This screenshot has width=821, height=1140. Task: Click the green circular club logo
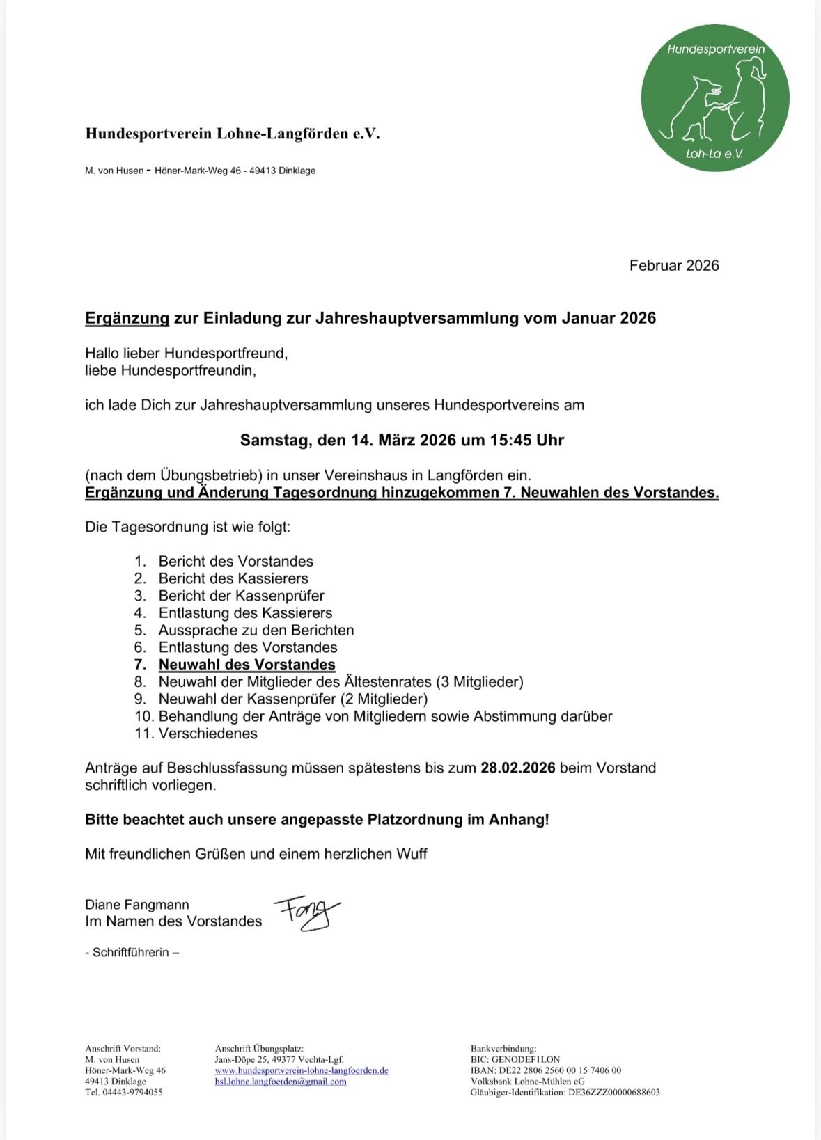[x=715, y=98]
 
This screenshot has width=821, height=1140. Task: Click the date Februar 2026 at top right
[x=673, y=266]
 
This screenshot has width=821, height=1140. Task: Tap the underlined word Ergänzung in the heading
[x=127, y=319]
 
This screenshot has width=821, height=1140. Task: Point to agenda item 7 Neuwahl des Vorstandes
[x=247, y=665]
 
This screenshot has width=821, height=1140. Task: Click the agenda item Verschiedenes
[x=208, y=734]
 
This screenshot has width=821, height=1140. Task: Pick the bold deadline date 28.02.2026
[x=517, y=768]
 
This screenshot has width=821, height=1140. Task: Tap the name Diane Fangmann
[x=137, y=905]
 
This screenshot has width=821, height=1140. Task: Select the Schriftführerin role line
[x=132, y=952]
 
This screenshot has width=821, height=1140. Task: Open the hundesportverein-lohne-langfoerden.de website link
[x=302, y=1070]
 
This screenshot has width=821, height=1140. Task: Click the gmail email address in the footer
[x=281, y=1082]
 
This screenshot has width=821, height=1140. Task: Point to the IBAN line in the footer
[x=546, y=1070]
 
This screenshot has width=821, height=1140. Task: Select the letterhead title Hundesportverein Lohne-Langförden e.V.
[x=233, y=134]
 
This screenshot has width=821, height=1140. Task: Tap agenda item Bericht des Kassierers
[x=233, y=579]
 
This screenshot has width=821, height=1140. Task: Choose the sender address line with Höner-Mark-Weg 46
[x=201, y=171]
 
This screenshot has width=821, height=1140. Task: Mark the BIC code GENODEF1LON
[x=525, y=1059]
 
